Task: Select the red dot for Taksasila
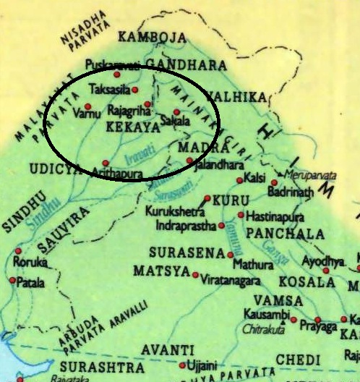pyautogui.click(x=134, y=89)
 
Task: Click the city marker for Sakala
pyautogui.click(x=176, y=112)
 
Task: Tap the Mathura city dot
pyautogui.click(x=230, y=255)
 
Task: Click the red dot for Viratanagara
pyautogui.click(x=194, y=274)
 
